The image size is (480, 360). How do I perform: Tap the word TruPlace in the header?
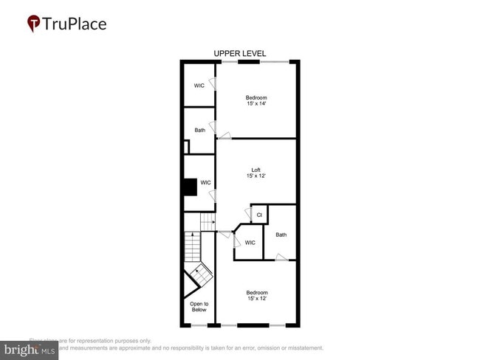click(x=75, y=24)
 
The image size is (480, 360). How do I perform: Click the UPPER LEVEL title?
click(x=239, y=54)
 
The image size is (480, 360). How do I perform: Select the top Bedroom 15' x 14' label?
click(x=256, y=100)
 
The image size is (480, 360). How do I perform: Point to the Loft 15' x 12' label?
click(x=256, y=174)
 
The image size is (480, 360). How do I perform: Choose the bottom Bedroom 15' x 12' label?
click(x=256, y=296)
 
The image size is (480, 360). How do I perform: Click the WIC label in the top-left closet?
click(x=199, y=86)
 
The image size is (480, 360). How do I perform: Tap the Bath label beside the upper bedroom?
click(x=200, y=131)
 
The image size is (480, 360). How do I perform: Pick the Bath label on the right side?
click(x=281, y=235)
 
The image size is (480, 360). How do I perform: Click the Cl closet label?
click(x=259, y=215)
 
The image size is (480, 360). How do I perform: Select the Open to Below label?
click(x=199, y=307)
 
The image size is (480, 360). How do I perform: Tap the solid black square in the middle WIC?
click(x=191, y=187)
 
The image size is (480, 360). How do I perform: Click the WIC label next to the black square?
click(x=206, y=182)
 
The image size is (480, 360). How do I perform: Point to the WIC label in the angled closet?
click(x=250, y=243)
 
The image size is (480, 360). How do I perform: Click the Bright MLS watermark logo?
click(x=30, y=350)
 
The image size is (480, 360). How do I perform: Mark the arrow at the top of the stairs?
click(x=209, y=221)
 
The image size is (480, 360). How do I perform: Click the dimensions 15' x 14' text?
click(x=256, y=104)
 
